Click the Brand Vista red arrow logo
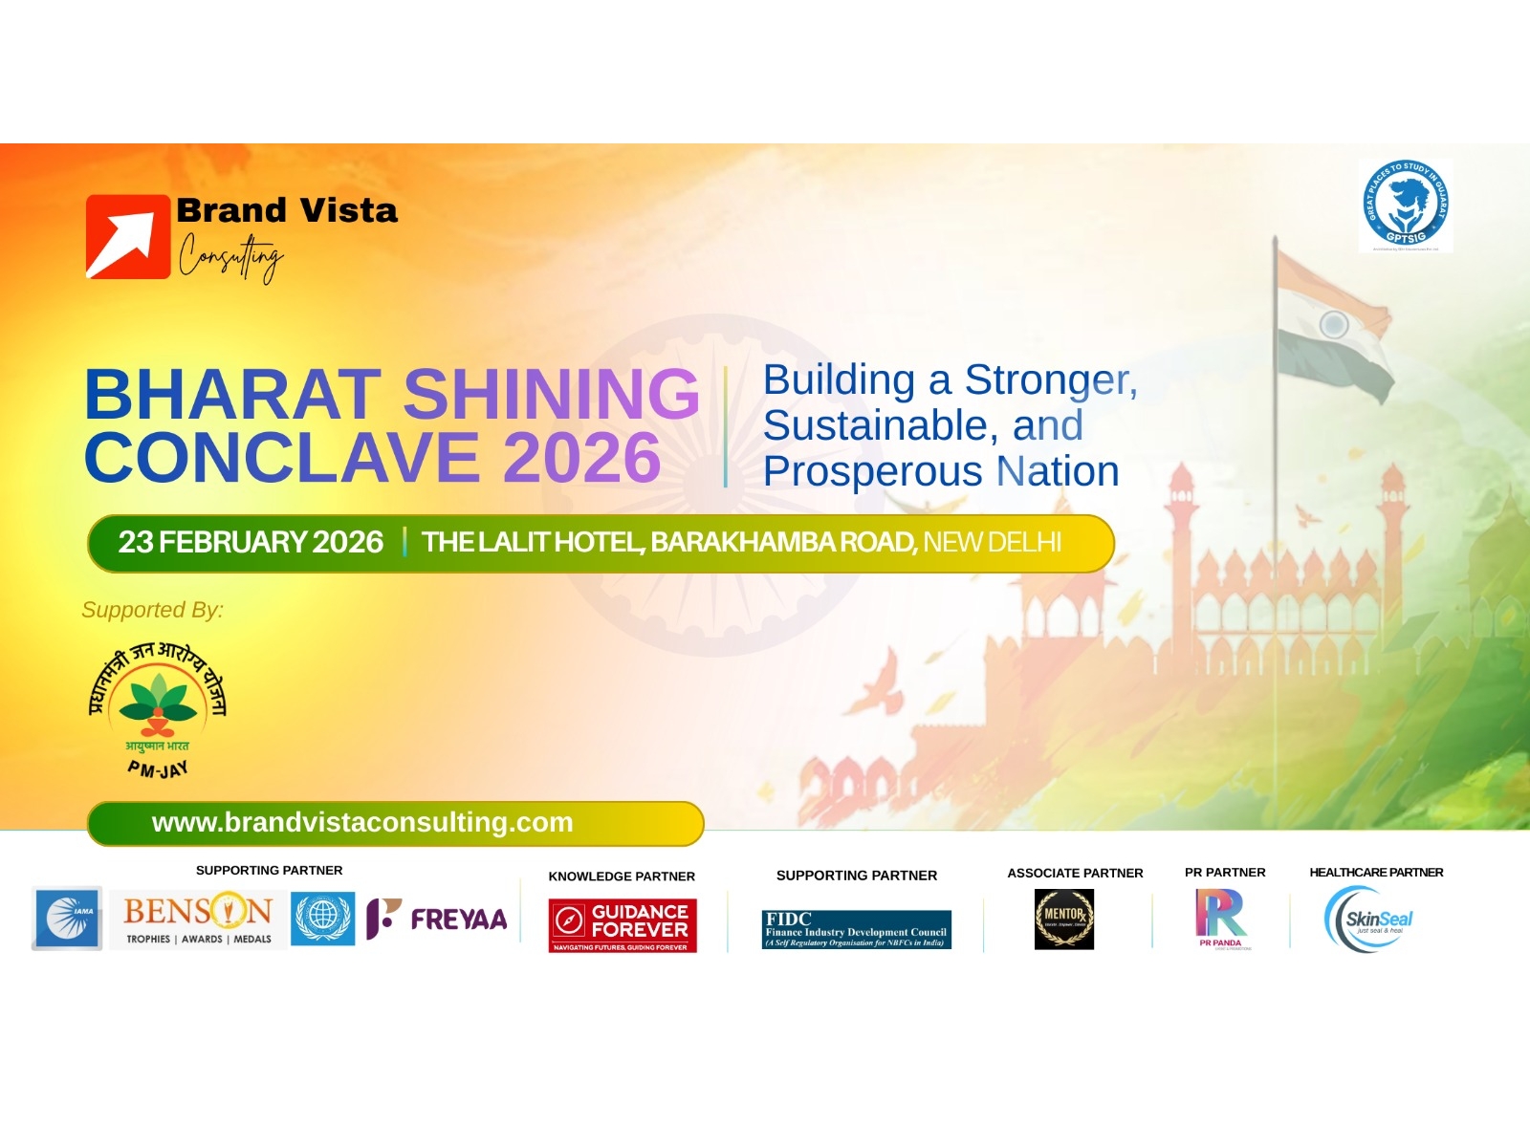coord(128,237)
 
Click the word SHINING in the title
coord(551,394)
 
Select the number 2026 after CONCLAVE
coord(581,458)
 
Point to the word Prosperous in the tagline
coord(872,471)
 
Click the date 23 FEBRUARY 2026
coord(251,543)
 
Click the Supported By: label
coord(152,610)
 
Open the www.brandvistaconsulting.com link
coord(362,823)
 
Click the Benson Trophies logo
coord(198,919)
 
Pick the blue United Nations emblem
coord(322,918)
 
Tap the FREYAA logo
coord(437,919)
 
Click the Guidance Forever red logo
coord(623,925)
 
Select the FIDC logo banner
coord(856,929)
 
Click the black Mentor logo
coord(1063,920)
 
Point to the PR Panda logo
coord(1221,919)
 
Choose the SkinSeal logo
coord(1369,920)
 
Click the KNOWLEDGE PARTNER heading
coord(622,876)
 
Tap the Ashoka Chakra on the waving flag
coord(1334,325)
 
